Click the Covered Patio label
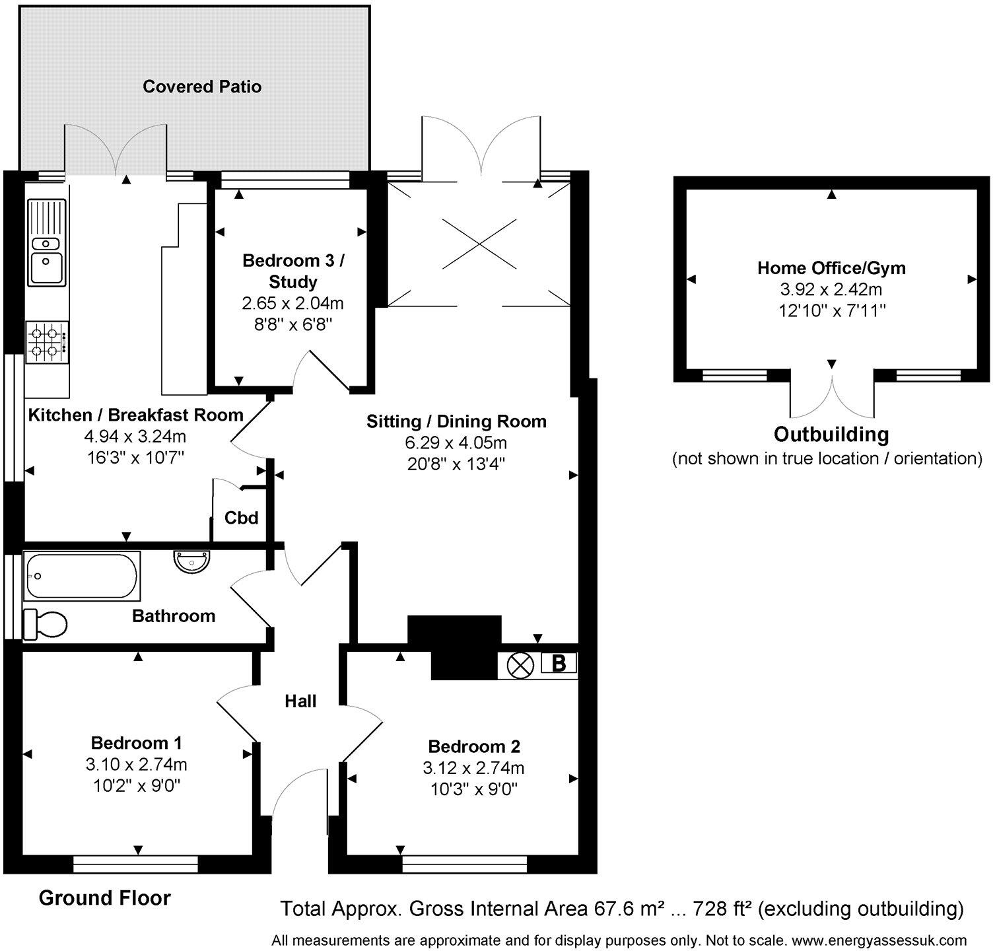point(202,87)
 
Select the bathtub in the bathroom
point(82,576)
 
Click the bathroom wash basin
point(193,562)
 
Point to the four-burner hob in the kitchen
point(47,342)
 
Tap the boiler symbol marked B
point(559,663)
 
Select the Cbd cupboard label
point(241,518)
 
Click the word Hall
point(300,701)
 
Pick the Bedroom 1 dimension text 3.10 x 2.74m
point(136,765)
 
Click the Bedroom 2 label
point(474,747)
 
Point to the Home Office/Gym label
point(831,268)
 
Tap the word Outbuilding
point(831,435)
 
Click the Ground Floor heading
point(105,898)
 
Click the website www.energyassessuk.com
point(879,940)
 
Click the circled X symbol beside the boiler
point(520,664)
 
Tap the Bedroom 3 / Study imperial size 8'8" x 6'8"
point(293,324)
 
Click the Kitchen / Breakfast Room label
point(136,415)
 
